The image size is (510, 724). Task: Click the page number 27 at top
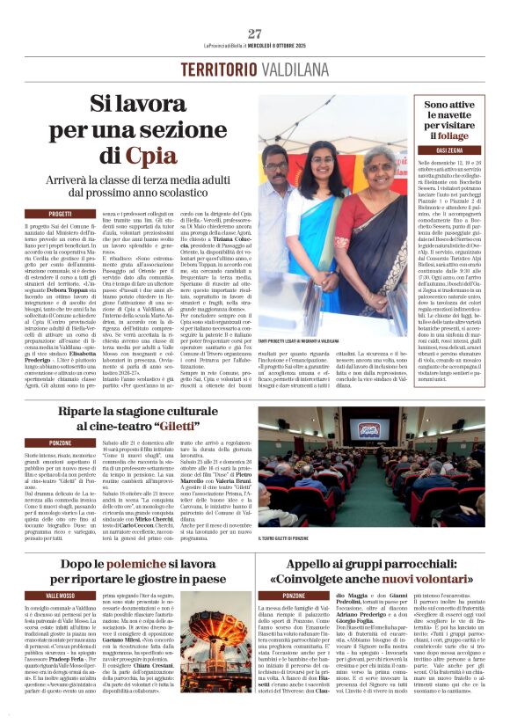pos(254,33)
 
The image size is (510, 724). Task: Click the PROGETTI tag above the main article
pos(61,214)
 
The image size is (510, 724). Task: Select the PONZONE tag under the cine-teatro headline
pos(61,442)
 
